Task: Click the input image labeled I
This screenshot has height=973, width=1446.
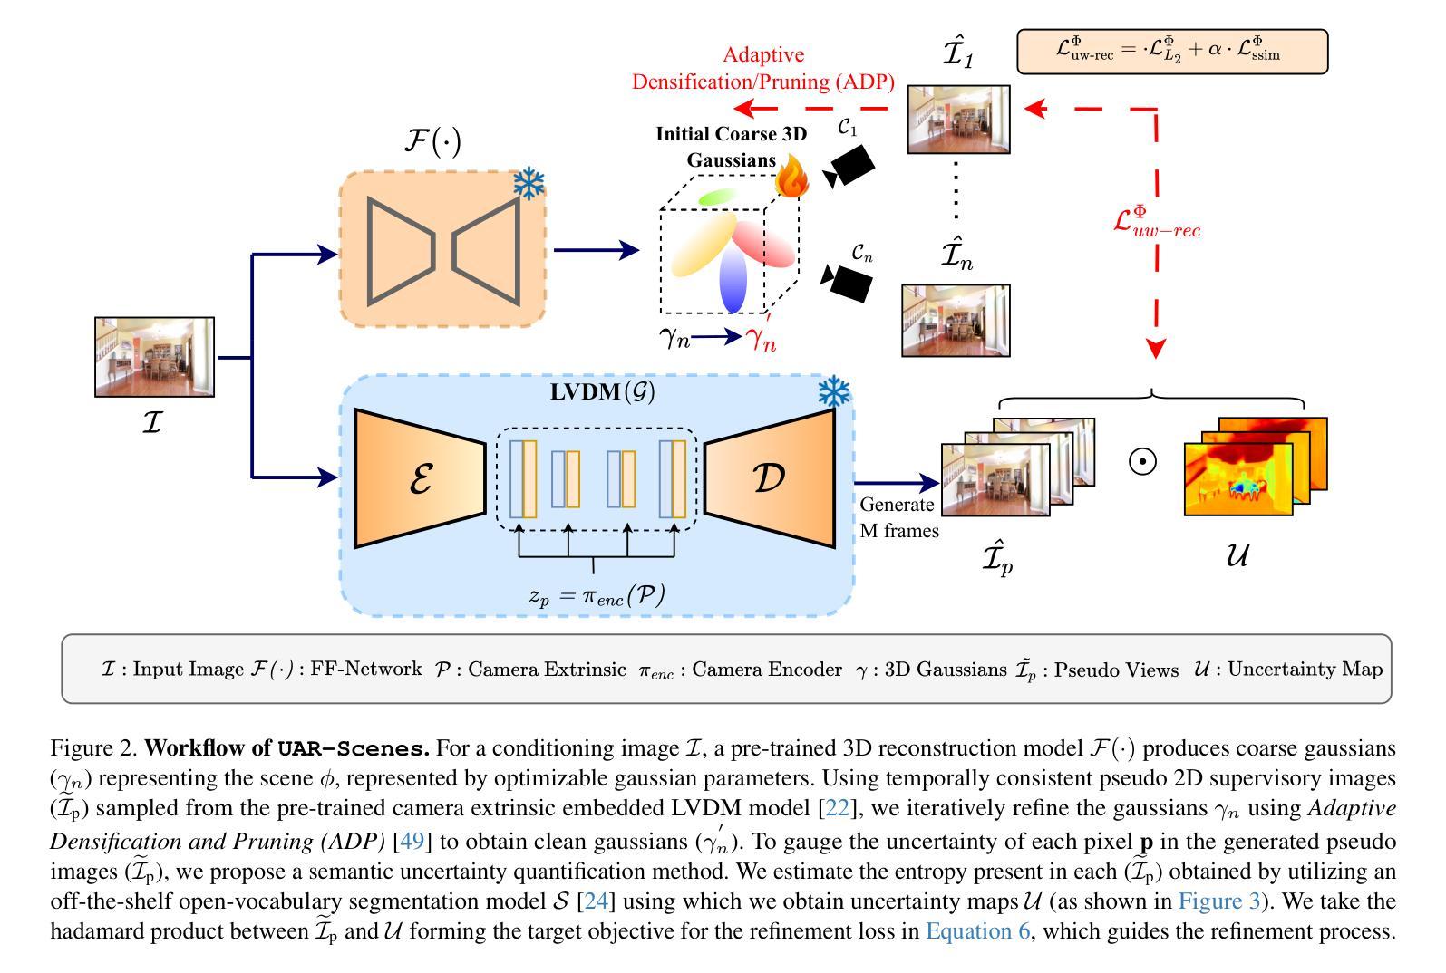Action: coord(154,357)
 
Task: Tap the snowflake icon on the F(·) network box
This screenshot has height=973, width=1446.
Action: coord(529,184)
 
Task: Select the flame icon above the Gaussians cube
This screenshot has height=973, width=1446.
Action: coord(791,177)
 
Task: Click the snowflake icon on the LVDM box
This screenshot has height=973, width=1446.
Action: coord(833,392)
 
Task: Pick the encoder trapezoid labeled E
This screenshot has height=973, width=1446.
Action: coord(420,478)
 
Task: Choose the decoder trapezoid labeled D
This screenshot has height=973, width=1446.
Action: coord(770,478)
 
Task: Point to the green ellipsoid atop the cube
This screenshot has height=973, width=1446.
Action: coord(715,197)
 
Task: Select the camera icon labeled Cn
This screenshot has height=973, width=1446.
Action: coord(848,281)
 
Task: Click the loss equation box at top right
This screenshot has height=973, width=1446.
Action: coord(1171,51)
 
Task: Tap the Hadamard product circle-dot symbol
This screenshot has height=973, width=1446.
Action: coord(1142,461)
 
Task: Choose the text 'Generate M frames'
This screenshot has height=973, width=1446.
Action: coord(898,517)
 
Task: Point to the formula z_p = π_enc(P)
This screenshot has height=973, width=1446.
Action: coord(597,594)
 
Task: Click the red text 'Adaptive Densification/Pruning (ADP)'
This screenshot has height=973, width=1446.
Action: coord(763,69)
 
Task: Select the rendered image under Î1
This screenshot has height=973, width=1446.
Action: coord(958,119)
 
